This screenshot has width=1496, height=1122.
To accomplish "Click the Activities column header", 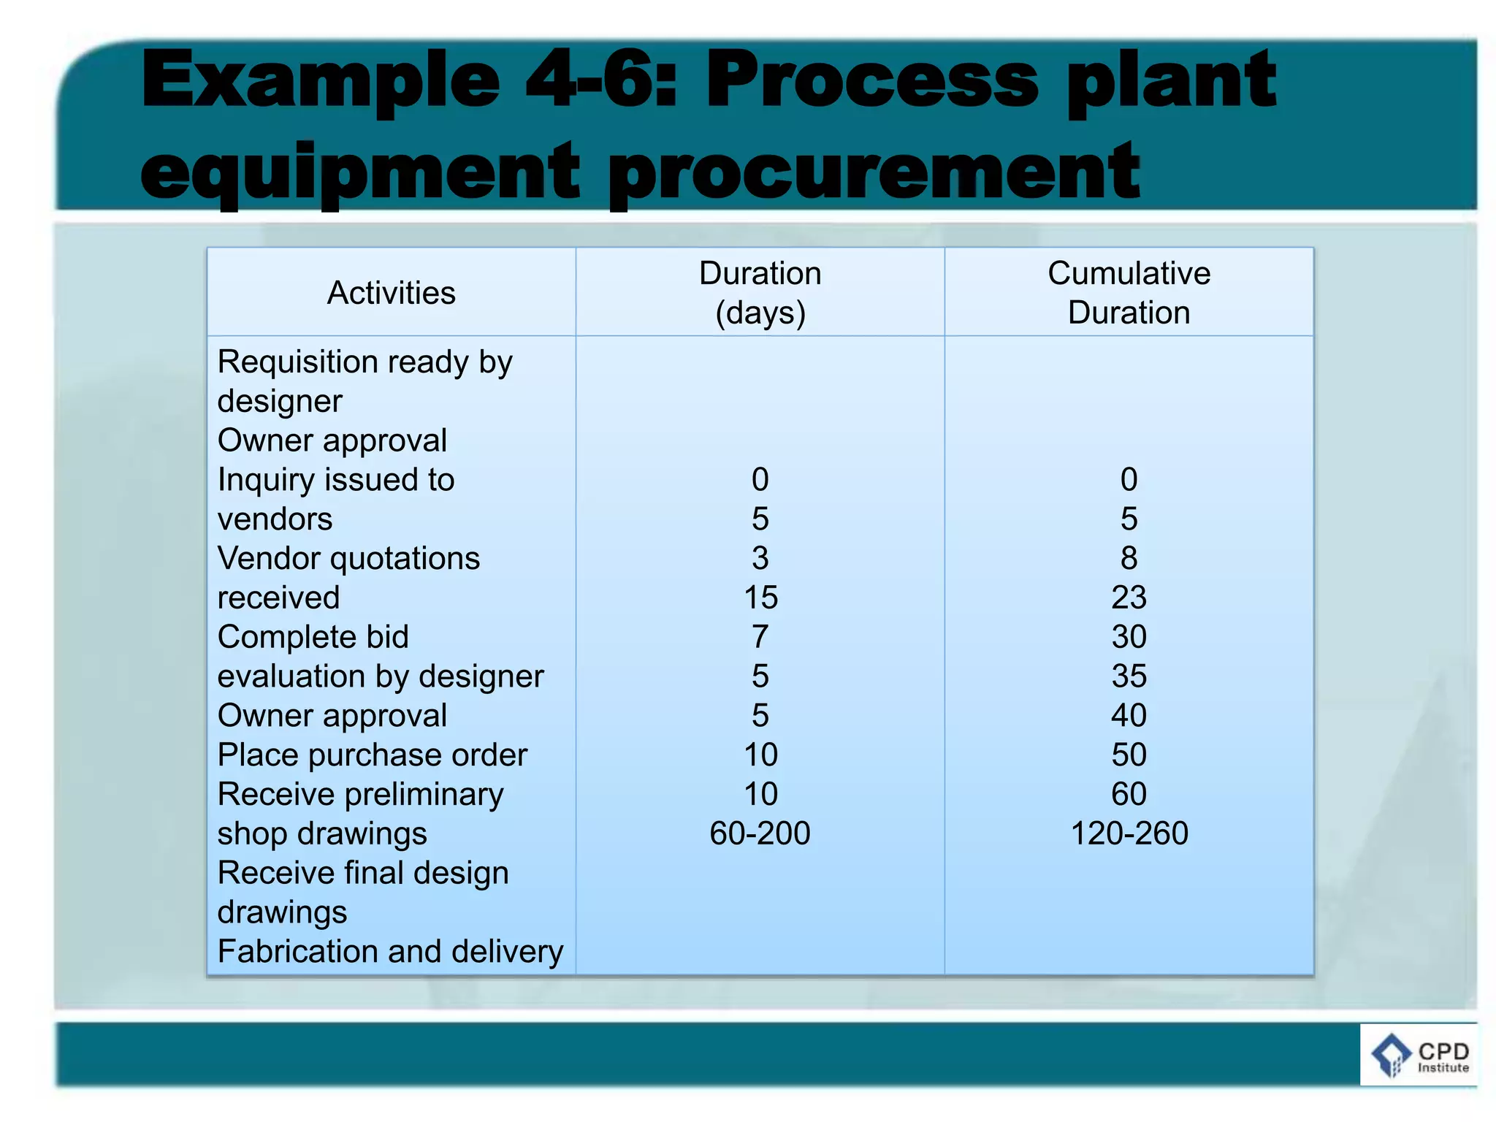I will click(391, 293).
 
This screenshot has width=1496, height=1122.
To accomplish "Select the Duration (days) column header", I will click(760, 293).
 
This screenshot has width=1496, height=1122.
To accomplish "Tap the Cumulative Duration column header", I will click(1129, 293).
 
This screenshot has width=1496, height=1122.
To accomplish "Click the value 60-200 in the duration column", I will click(760, 833).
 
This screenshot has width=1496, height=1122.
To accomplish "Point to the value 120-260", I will click(1129, 833).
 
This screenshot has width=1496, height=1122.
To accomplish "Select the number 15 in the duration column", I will click(760, 598).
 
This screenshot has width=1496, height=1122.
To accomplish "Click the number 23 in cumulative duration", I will click(1129, 598).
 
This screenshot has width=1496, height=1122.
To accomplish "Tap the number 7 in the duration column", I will click(760, 637).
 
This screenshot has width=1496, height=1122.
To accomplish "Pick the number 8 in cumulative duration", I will click(1129, 559).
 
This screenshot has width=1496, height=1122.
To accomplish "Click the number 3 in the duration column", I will click(760, 559).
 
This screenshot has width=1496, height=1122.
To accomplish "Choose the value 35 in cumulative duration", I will click(1129, 676).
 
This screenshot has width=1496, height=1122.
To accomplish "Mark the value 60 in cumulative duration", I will click(1129, 794).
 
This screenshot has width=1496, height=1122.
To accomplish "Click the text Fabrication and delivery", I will click(390, 952).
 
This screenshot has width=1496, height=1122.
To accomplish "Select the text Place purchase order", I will click(372, 755).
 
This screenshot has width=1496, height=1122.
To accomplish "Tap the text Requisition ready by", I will click(365, 362).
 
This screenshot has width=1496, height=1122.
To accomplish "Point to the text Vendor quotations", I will click(348, 559).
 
